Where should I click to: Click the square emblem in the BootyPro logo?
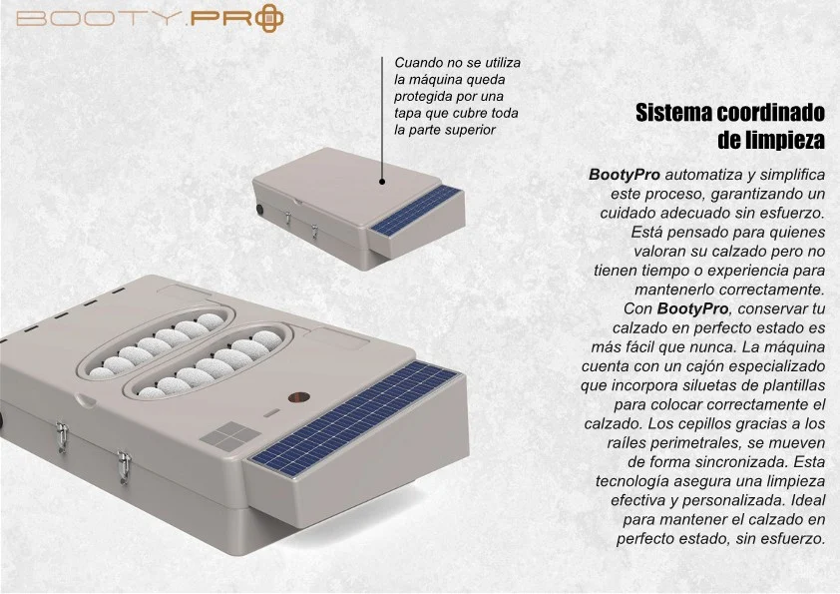(x=269, y=18)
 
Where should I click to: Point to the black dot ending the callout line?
(x=382, y=182)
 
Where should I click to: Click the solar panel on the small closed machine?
(x=416, y=211)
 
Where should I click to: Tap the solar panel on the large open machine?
(x=354, y=418)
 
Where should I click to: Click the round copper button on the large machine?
(x=299, y=397)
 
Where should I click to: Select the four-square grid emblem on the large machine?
(x=230, y=435)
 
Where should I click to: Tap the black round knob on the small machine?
(x=260, y=209)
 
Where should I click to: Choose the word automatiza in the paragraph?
(x=699, y=175)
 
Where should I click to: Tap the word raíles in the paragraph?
(x=627, y=443)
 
